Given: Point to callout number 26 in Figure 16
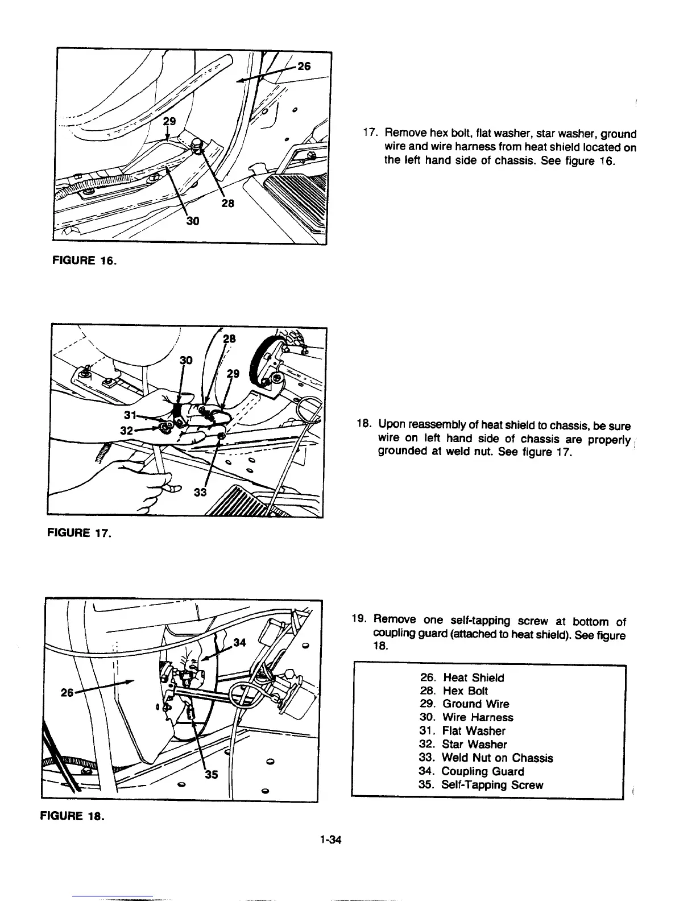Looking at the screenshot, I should tap(304, 66).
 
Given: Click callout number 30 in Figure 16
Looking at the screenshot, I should tap(192, 222).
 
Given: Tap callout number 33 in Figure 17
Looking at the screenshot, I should tap(201, 493).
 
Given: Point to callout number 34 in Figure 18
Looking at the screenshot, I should tap(241, 643).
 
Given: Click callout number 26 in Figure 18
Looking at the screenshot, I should tap(69, 693).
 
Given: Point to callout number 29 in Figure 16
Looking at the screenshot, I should tap(169, 121).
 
